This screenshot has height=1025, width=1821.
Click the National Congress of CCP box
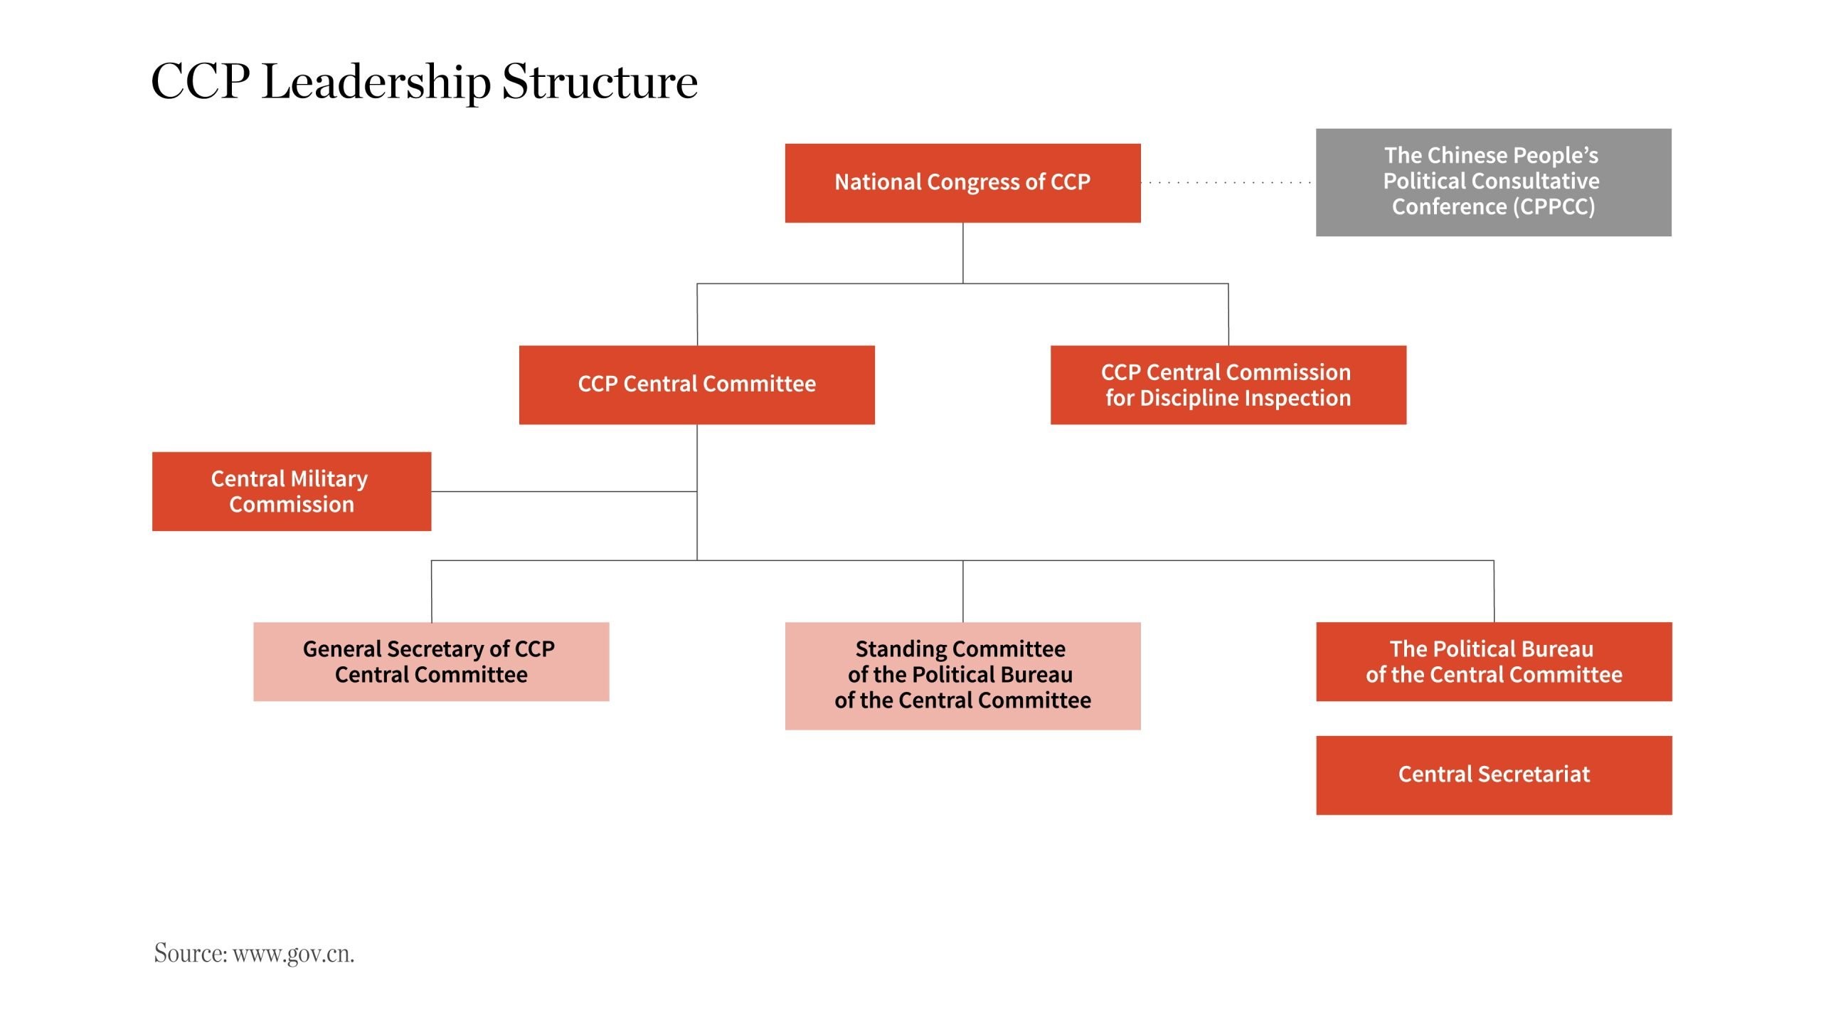click(962, 183)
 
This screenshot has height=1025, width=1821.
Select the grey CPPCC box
click(1493, 182)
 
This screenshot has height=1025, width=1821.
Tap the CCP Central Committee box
click(696, 385)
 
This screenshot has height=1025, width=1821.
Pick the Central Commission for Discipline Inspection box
click(1228, 385)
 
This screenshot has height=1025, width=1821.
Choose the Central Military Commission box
click(291, 491)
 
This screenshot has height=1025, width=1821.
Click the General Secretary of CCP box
click(431, 661)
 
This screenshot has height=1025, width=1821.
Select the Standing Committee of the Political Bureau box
click(962, 676)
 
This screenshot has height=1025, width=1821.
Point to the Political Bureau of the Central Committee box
click(1494, 661)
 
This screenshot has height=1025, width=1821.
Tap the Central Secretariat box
click(1494, 775)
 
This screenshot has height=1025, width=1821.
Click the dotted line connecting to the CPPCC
click(1228, 183)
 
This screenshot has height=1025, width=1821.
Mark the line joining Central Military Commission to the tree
click(563, 491)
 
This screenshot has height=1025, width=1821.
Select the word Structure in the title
click(600, 82)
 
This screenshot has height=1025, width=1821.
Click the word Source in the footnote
click(190, 953)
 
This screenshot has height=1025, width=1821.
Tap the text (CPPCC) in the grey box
click(1554, 207)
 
